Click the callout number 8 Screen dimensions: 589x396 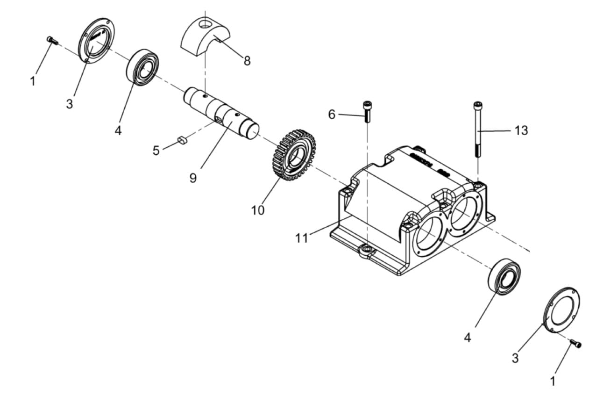pos(247,61)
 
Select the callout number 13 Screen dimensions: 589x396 pos(521,130)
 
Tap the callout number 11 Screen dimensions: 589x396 pos(301,238)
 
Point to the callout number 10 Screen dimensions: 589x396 pos(258,210)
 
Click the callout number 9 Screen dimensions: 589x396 pos(193,178)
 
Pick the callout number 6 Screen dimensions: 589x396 pos(332,115)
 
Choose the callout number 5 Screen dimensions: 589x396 pos(156,151)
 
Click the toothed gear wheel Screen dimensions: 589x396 pos(294,155)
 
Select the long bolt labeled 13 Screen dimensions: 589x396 pos(478,130)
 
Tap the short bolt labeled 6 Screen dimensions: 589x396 pos(367,112)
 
